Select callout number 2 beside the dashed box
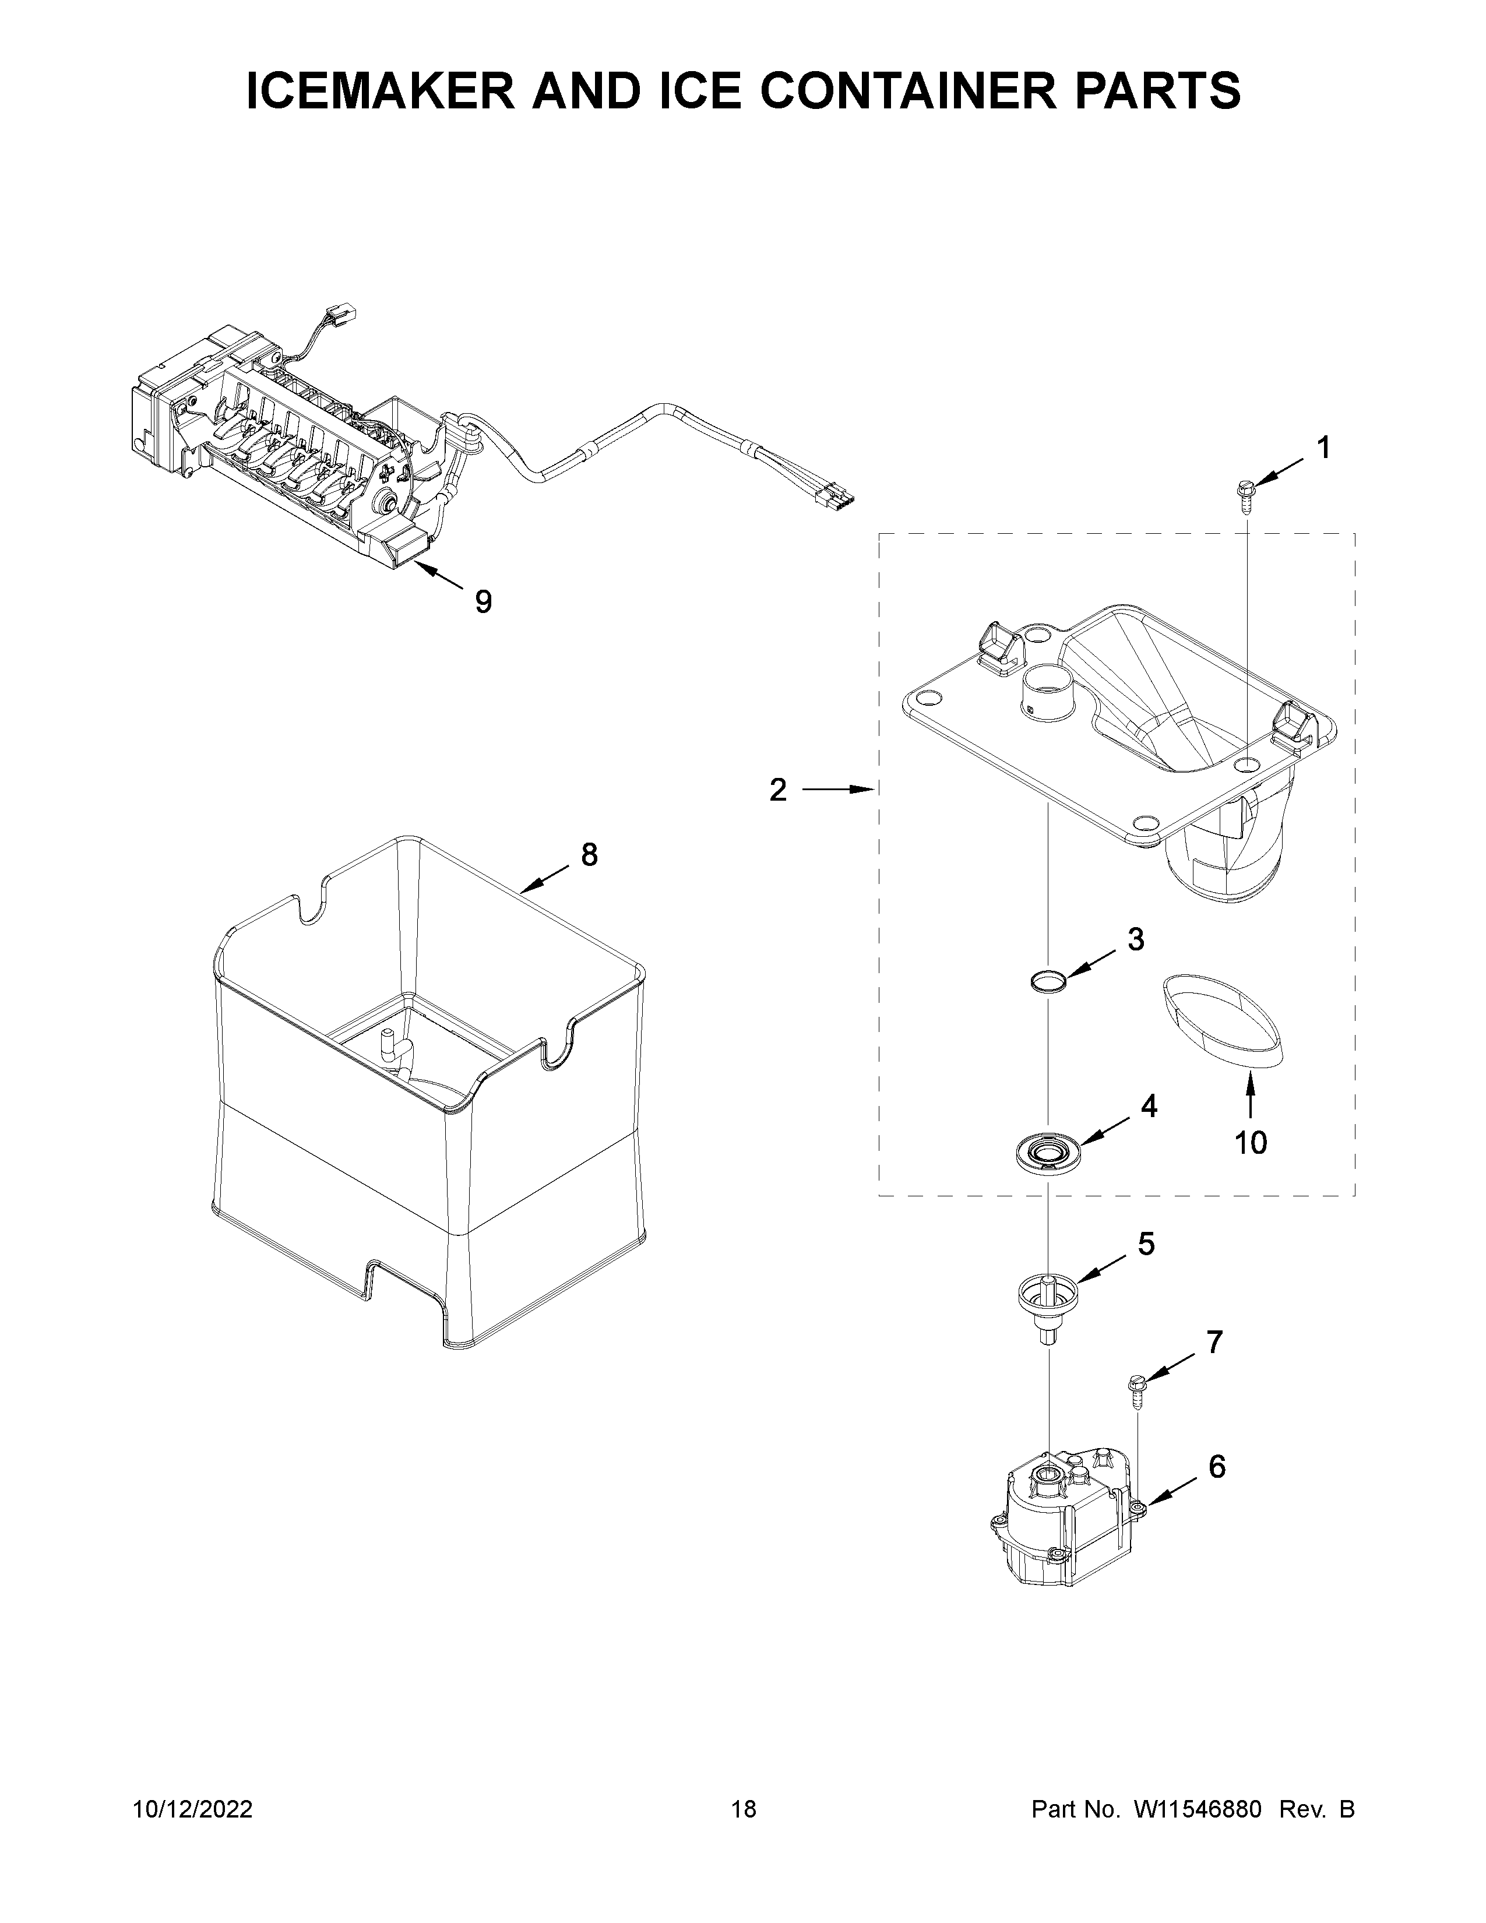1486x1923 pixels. (777, 790)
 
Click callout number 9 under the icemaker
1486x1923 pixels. (483, 601)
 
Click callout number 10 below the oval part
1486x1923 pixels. (1250, 1143)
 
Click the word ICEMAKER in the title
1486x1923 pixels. (379, 91)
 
